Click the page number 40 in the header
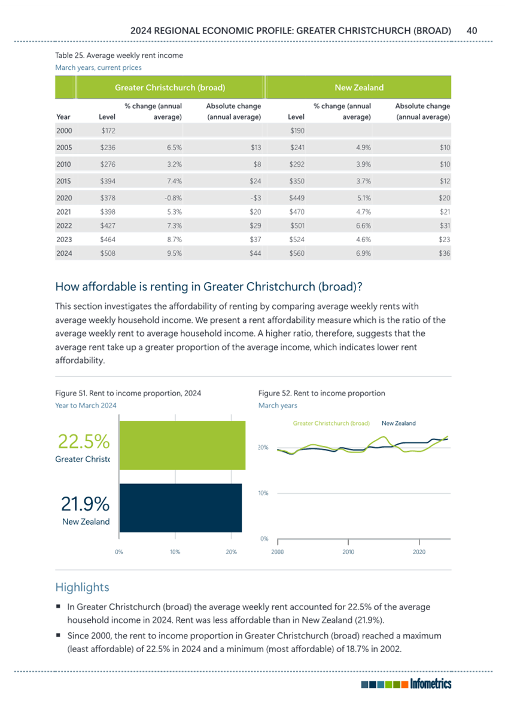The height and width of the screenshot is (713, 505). (471, 30)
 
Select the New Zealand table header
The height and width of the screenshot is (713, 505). (359, 87)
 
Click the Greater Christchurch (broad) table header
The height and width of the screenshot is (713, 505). (170, 87)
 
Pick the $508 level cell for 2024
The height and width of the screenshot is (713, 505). (108, 253)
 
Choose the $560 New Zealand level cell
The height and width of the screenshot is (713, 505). (297, 253)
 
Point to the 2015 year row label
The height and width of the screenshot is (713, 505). (64, 181)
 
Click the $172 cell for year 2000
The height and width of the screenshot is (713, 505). (108, 130)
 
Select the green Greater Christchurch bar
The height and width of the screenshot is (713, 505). (182, 445)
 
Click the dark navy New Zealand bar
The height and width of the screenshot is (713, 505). (180, 507)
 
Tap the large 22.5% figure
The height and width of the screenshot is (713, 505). (84, 442)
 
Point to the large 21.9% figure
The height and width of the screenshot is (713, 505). (85, 504)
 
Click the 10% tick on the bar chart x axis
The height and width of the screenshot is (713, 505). (175, 552)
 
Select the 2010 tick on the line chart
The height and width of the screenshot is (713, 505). (348, 552)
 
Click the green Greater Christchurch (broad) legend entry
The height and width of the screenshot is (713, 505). (331, 423)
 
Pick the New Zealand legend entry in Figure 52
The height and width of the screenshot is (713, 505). (398, 423)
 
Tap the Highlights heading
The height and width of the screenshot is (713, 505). (82, 587)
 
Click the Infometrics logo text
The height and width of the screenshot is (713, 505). (431, 684)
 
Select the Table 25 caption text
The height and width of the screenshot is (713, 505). (119, 56)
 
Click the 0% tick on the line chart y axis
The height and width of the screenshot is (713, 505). (264, 539)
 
